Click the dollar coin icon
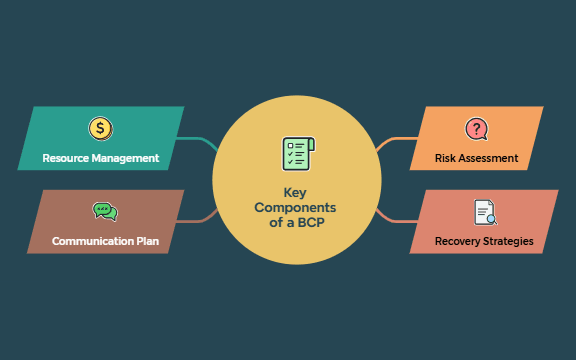(x=100, y=128)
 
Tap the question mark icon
(x=477, y=128)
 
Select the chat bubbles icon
(x=104, y=211)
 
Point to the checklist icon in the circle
(x=297, y=155)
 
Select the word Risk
(x=446, y=158)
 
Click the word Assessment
(x=490, y=158)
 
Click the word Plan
(x=147, y=241)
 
